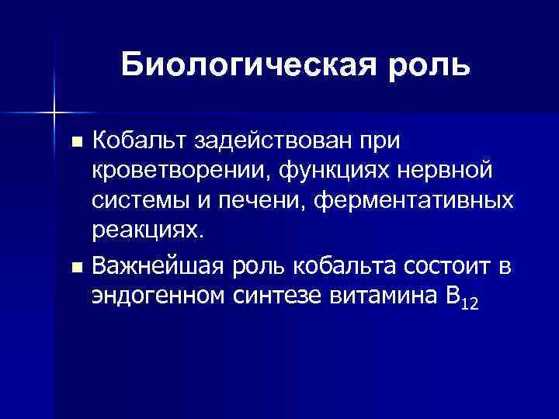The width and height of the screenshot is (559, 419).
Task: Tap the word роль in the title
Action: click(x=430, y=64)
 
